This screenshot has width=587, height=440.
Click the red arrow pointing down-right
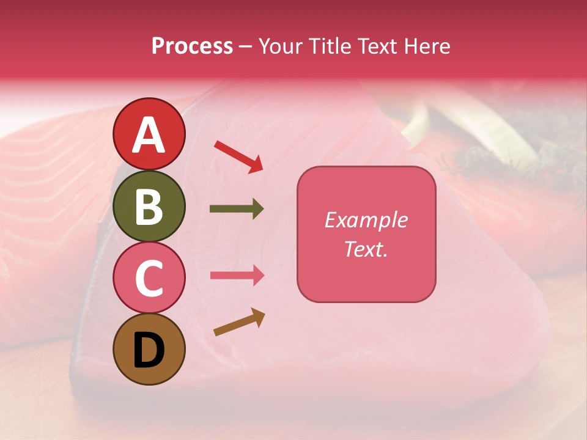238,156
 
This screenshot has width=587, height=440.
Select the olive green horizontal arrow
237,209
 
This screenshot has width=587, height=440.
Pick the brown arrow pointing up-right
239,322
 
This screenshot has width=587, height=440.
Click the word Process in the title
192,46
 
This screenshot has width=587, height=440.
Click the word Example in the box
366,220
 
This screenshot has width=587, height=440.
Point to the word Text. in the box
366,249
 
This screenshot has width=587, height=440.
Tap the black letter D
149,350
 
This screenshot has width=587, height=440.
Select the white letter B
149,207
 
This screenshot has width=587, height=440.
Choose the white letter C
149,279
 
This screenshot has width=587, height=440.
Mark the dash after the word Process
246,47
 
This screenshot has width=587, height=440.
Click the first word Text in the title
374,46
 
